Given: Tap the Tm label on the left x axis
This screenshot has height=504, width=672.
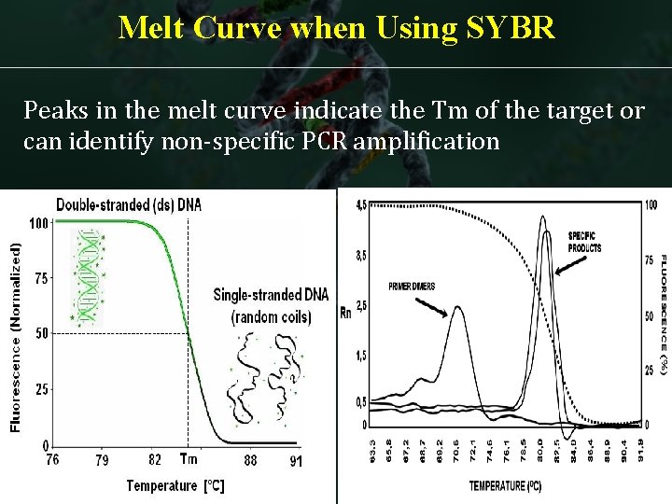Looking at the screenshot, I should (x=189, y=459).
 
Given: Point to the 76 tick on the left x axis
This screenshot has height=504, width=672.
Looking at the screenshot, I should (x=52, y=459).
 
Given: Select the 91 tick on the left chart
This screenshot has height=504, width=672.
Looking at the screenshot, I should (x=295, y=459).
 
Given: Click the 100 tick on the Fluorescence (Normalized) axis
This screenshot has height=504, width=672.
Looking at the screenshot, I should (x=38, y=223).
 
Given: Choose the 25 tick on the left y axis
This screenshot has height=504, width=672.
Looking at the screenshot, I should (x=41, y=389).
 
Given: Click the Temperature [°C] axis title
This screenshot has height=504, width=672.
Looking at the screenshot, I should (x=175, y=485).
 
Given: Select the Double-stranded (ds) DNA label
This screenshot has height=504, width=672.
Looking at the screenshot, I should (x=128, y=203).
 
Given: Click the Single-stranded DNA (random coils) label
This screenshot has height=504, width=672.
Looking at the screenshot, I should (x=271, y=304).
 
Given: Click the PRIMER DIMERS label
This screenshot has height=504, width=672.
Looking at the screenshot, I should (x=412, y=287).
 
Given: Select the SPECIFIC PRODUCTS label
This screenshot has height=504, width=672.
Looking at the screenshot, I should (x=585, y=242).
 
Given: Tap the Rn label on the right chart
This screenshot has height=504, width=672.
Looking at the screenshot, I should (x=345, y=313).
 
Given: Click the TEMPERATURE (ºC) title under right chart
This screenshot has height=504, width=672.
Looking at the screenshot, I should (x=505, y=486).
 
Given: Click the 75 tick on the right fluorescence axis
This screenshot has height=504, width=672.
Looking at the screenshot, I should (x=651, y=260).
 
